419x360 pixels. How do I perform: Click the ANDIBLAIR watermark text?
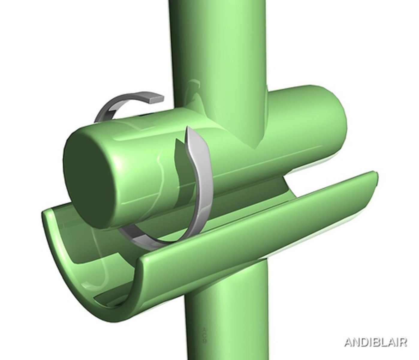pos(375,342)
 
